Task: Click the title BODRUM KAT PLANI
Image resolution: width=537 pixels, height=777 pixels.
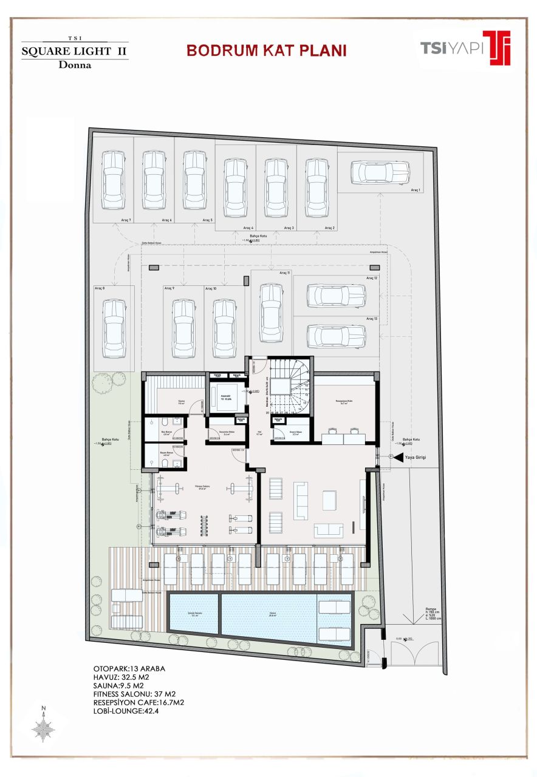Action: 266,50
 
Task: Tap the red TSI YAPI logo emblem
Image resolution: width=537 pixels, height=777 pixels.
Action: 496,47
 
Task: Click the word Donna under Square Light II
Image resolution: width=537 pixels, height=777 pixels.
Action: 75,65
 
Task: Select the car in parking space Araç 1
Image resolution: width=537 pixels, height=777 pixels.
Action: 380,172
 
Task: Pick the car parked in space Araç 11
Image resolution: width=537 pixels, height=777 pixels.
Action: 271,313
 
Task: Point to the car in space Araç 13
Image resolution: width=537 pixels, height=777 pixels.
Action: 335,336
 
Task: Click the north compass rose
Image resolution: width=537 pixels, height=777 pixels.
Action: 44,726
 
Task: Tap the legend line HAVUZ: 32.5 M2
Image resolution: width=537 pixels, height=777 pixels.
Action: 121,677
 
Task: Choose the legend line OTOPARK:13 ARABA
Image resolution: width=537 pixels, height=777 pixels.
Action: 129,668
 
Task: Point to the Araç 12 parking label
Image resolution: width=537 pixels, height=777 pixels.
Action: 371,277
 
